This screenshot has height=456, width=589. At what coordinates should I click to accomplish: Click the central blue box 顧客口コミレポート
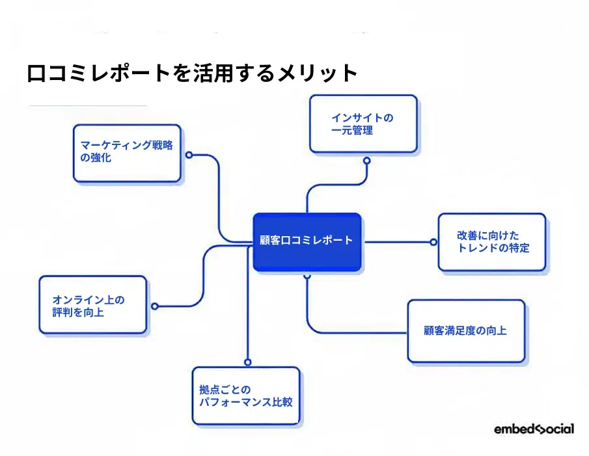[x=307, y=241]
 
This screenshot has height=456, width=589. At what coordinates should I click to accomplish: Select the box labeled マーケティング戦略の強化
[x=127, y=154]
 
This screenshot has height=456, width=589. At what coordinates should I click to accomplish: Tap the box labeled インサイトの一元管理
[x=363, y=124]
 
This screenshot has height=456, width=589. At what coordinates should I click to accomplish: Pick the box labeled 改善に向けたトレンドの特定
[x=491, y=242]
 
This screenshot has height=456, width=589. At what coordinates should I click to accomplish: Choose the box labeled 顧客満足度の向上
[x=465, y=330]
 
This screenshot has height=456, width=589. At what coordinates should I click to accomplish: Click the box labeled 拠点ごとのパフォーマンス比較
[x=246, y=396]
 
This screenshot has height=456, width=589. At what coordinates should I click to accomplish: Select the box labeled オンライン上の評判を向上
[x=92, y=305]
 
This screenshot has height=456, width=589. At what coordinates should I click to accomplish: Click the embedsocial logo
[x=534, y=429]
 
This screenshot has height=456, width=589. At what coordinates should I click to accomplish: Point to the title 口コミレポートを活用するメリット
[x=193, y=73]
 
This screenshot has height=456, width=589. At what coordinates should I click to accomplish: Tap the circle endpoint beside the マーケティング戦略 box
[x=189, y=155]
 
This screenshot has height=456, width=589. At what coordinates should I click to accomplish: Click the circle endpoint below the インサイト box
[x=366, y=160]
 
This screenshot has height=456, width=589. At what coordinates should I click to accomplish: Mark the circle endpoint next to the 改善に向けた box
[x=433, y=242]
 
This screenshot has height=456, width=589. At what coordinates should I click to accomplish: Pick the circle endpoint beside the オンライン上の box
[x=154, y=306]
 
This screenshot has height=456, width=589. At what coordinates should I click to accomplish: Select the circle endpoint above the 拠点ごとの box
[x=247, y=362]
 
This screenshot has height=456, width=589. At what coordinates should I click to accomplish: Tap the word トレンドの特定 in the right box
[x=493, y=248]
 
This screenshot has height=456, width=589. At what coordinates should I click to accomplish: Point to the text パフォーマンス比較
[x=245, y=403]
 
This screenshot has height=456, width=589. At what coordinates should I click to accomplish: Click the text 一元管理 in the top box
[x=352, y=131]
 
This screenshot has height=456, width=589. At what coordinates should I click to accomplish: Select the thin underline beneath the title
[x=88, y=105]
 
